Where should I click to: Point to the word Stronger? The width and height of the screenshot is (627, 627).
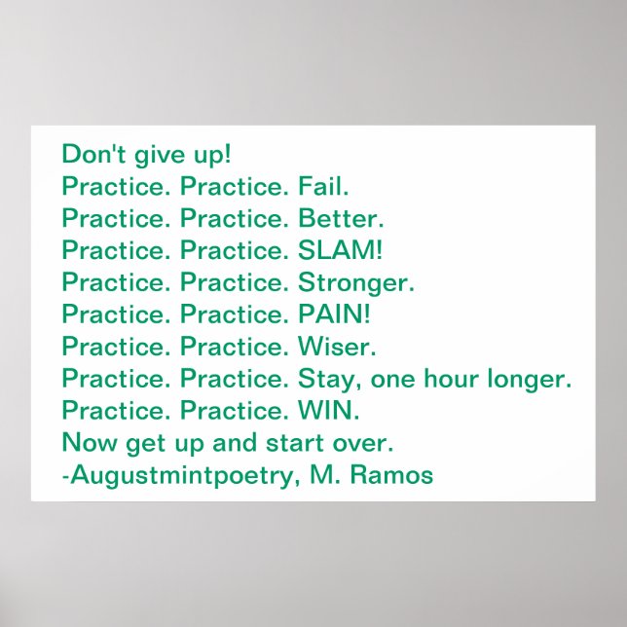click(x=356, y=281)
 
